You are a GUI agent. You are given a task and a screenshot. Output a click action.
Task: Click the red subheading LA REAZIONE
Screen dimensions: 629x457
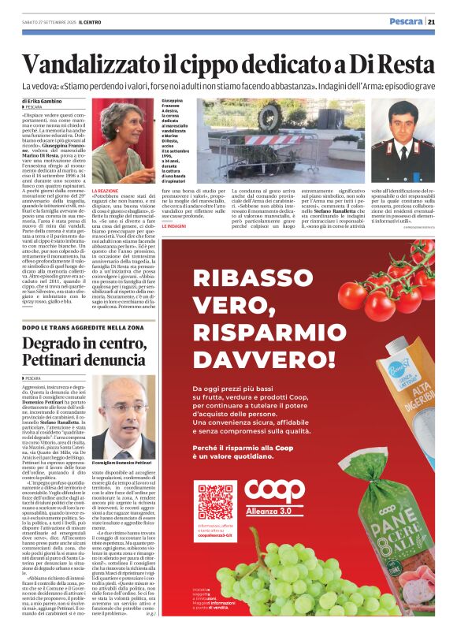pos(106,191)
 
